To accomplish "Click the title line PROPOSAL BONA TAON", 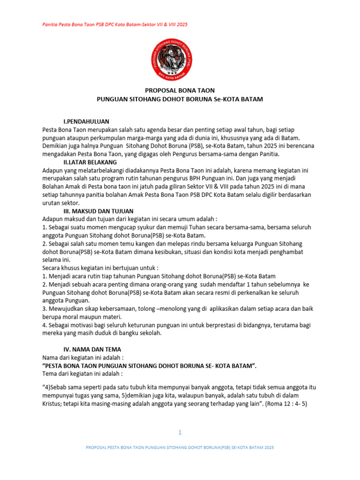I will (x=180, y=90).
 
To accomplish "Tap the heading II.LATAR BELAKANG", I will (x=90, y=162).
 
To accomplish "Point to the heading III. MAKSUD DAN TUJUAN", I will (x=98, y=211).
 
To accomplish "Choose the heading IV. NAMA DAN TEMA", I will (x=92, y=349).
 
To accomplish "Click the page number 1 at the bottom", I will (x=180, y=432).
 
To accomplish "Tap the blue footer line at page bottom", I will (x=180, y=448).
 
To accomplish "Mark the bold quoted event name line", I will (x=150, y=365).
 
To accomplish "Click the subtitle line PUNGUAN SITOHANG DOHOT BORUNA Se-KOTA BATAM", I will (x=180, y=99).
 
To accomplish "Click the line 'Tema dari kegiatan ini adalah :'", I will (x=82, y=374).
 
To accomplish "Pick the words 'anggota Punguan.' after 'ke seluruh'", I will (x=66, y=300).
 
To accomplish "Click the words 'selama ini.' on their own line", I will (x=56, y=260).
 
